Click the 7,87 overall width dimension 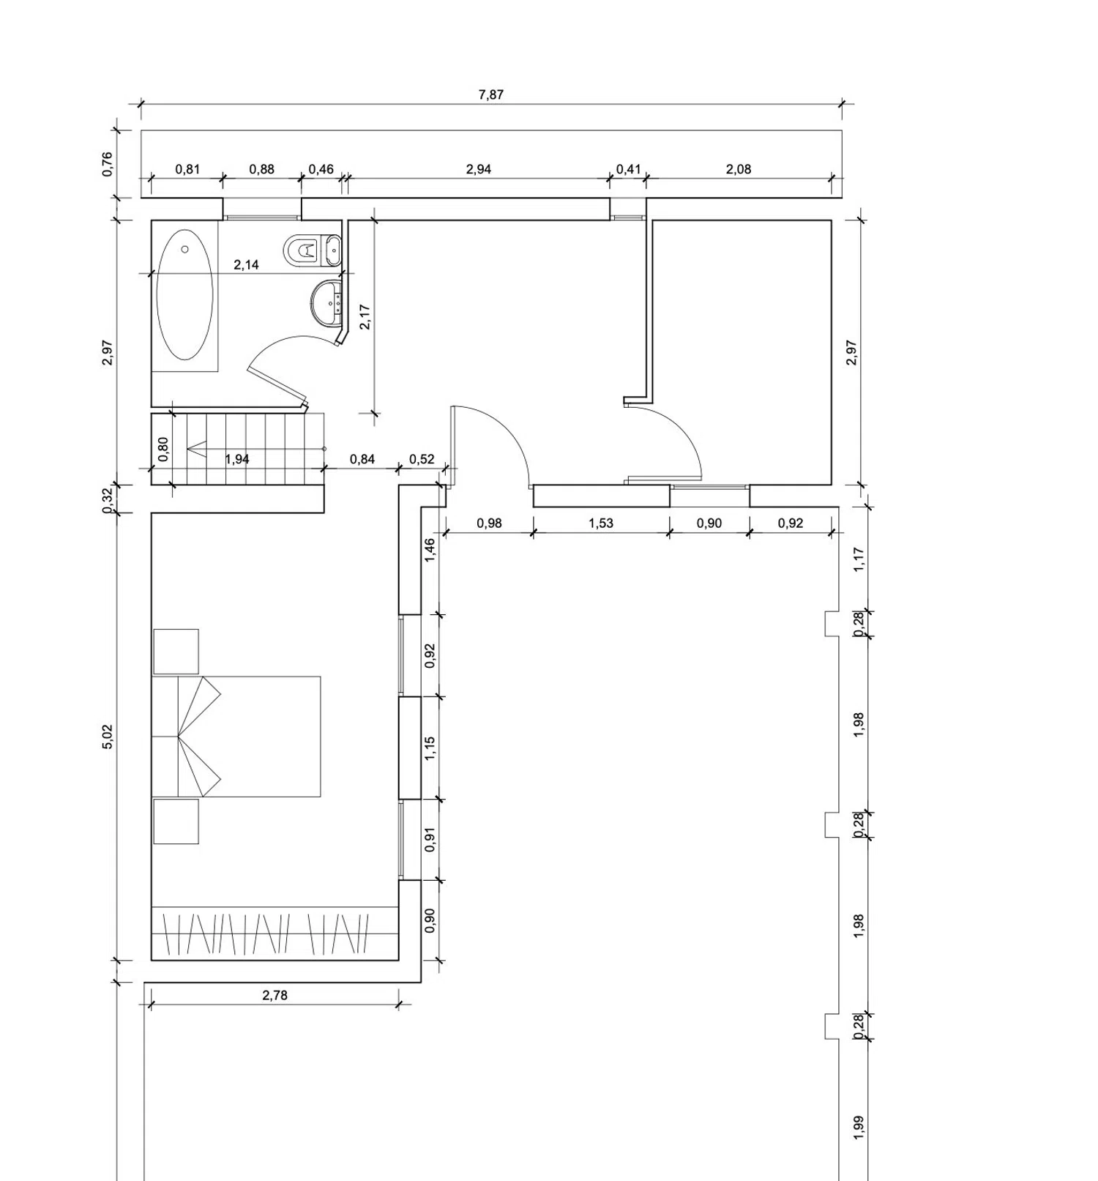coord(490,94)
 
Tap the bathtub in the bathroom coord(184,294)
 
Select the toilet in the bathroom coord(312,250)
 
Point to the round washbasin coord(326,301)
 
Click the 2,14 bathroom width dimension coord(246,264)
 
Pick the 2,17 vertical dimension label coord(365,316)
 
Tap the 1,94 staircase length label coord(236,459)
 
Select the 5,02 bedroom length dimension coord(108,737)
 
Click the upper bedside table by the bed coord(176,652)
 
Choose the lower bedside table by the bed coord(176,822)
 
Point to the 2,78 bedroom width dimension coord(274,995)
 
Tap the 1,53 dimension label coord(601,523)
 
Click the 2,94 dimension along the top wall coord(478,169)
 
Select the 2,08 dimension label coord(739,169)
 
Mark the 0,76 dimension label coord(108,164)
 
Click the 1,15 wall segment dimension coord(430,748)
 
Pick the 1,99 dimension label coord(859,1127)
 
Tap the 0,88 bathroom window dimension coord(261,169)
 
